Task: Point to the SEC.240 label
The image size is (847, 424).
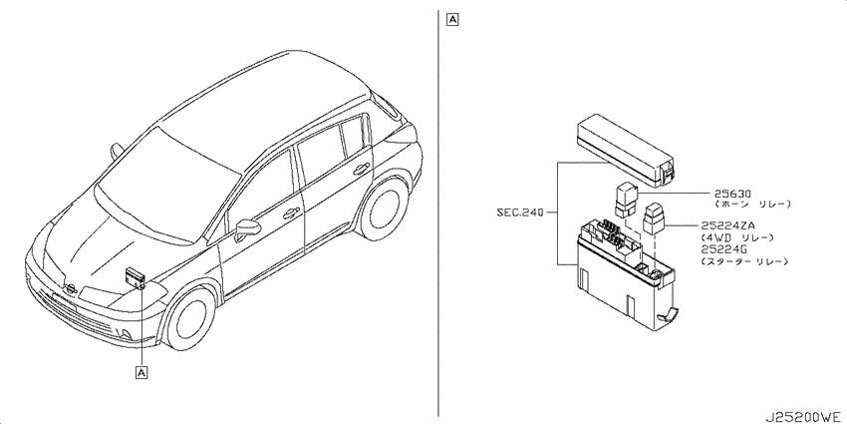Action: [519, 212]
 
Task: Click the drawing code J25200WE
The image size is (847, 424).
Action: [804, 418]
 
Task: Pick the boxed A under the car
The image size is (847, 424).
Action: [141, 373]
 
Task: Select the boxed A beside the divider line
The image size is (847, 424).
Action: [452, 20]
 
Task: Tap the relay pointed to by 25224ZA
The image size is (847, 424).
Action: [654, 218]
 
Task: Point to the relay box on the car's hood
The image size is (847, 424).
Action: [136, 277]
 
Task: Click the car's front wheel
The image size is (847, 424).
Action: [189, 319]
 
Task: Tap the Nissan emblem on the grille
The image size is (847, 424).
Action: [69, 289]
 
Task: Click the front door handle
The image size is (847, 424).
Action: [291, 213]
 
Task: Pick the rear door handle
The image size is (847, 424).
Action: [358, 171]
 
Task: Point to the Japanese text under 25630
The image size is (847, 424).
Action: [752, 205]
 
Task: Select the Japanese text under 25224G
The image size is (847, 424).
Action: [744, 261]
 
